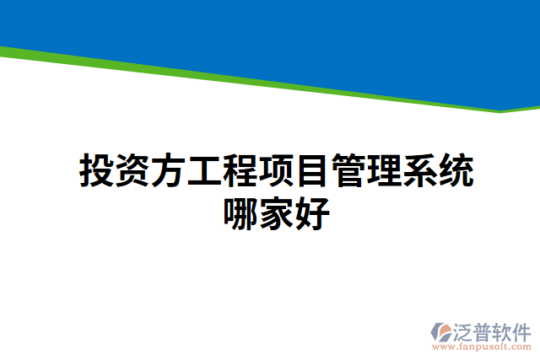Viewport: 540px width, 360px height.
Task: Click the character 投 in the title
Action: [x=96, y=171]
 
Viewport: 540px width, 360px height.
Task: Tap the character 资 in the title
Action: [x=132, y=171]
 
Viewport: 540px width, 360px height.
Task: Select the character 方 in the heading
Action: [x=168, y=171]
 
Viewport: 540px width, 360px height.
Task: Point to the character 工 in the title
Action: [x=204, y=171]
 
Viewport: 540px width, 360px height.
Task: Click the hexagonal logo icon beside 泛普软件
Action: [x=442, y=331]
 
